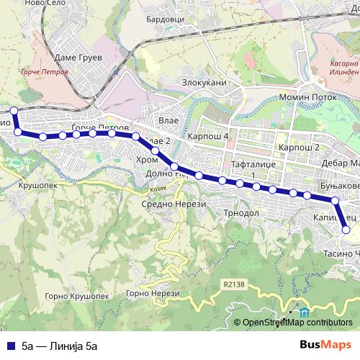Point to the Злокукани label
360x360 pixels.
click(203, 83)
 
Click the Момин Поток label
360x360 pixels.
click(303, 96)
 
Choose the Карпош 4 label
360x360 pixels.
click(207, 135)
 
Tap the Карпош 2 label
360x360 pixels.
click(299, 147)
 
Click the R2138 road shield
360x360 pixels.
click(234, 284)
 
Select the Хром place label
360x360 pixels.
click(146, 160)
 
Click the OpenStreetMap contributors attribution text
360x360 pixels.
click(298, 323)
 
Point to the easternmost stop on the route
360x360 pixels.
click(346, 230)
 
